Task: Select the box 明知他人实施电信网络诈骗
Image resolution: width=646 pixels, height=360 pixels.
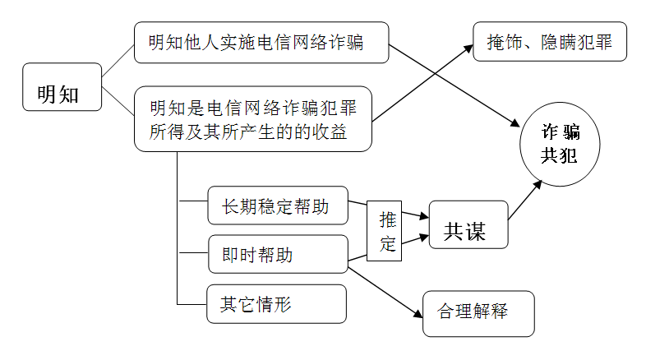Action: coord(261,43)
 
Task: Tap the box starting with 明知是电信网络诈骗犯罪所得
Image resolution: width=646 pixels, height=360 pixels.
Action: coord(252,121)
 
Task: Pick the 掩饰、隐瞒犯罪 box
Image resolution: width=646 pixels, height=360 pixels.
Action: coord(550,41)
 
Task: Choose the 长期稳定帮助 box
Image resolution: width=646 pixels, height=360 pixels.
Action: coord(277,205)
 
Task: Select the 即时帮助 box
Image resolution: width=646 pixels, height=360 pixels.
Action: coord(277,255)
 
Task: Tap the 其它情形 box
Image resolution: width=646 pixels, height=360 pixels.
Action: coord(277,304)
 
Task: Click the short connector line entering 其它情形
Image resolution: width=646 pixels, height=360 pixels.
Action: coord(191,303)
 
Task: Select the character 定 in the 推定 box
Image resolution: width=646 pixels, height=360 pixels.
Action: coord(388,244)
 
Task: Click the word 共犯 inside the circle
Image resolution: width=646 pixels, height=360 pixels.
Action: coord(559,155)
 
